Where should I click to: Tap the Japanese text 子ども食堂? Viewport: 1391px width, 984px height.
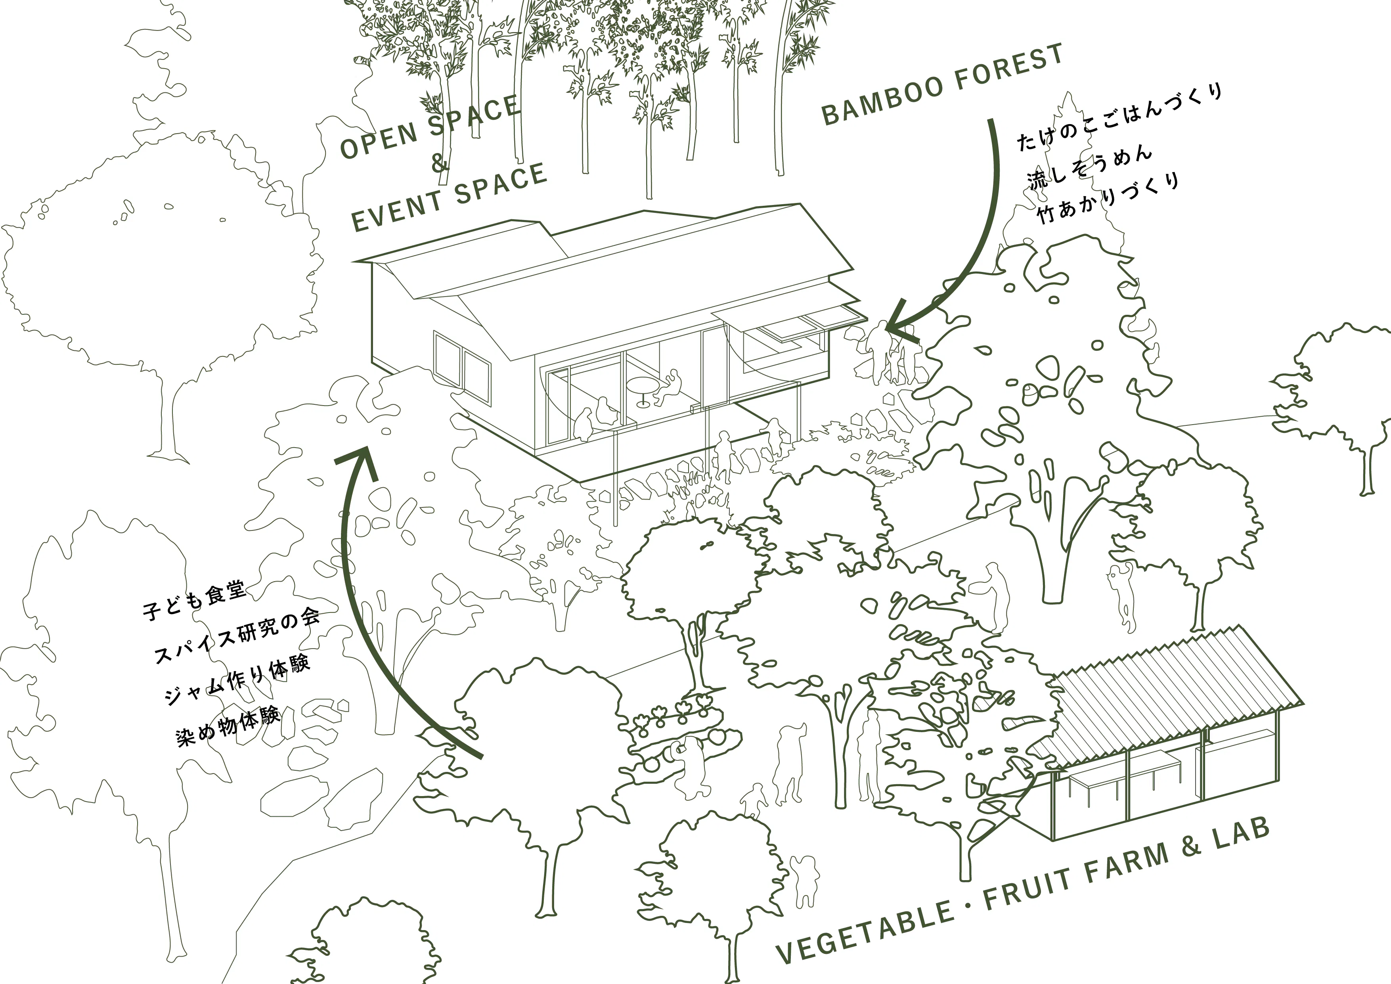[194, 600]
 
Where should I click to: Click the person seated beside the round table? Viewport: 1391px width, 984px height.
[670, 387]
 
